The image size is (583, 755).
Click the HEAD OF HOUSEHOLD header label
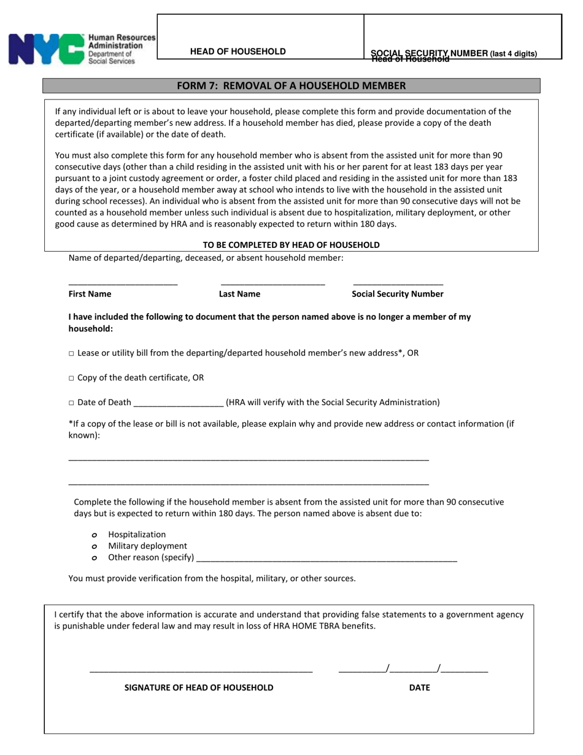click(x=237, y=52)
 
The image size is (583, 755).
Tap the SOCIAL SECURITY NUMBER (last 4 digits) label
click(x=454, y=53)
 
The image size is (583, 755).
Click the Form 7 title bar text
click(x=291, y=86)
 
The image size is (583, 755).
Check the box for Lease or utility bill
click(x=71, y=354)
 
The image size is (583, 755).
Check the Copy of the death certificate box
click(x=71, y=378)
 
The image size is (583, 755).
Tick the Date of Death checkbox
click(x=71, y=403)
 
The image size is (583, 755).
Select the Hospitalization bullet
click(x=95, y=535)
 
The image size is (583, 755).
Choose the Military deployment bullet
click(x=95, y=546)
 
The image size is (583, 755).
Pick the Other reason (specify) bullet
click(x=95, y=558)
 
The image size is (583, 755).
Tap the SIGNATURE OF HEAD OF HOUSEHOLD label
click(x=199, y=687)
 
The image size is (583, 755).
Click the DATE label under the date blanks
click(x=420, y=687)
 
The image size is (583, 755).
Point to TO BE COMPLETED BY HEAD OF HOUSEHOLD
click(x=291, y=245)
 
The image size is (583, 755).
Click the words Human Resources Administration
click(x=122, y=42)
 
